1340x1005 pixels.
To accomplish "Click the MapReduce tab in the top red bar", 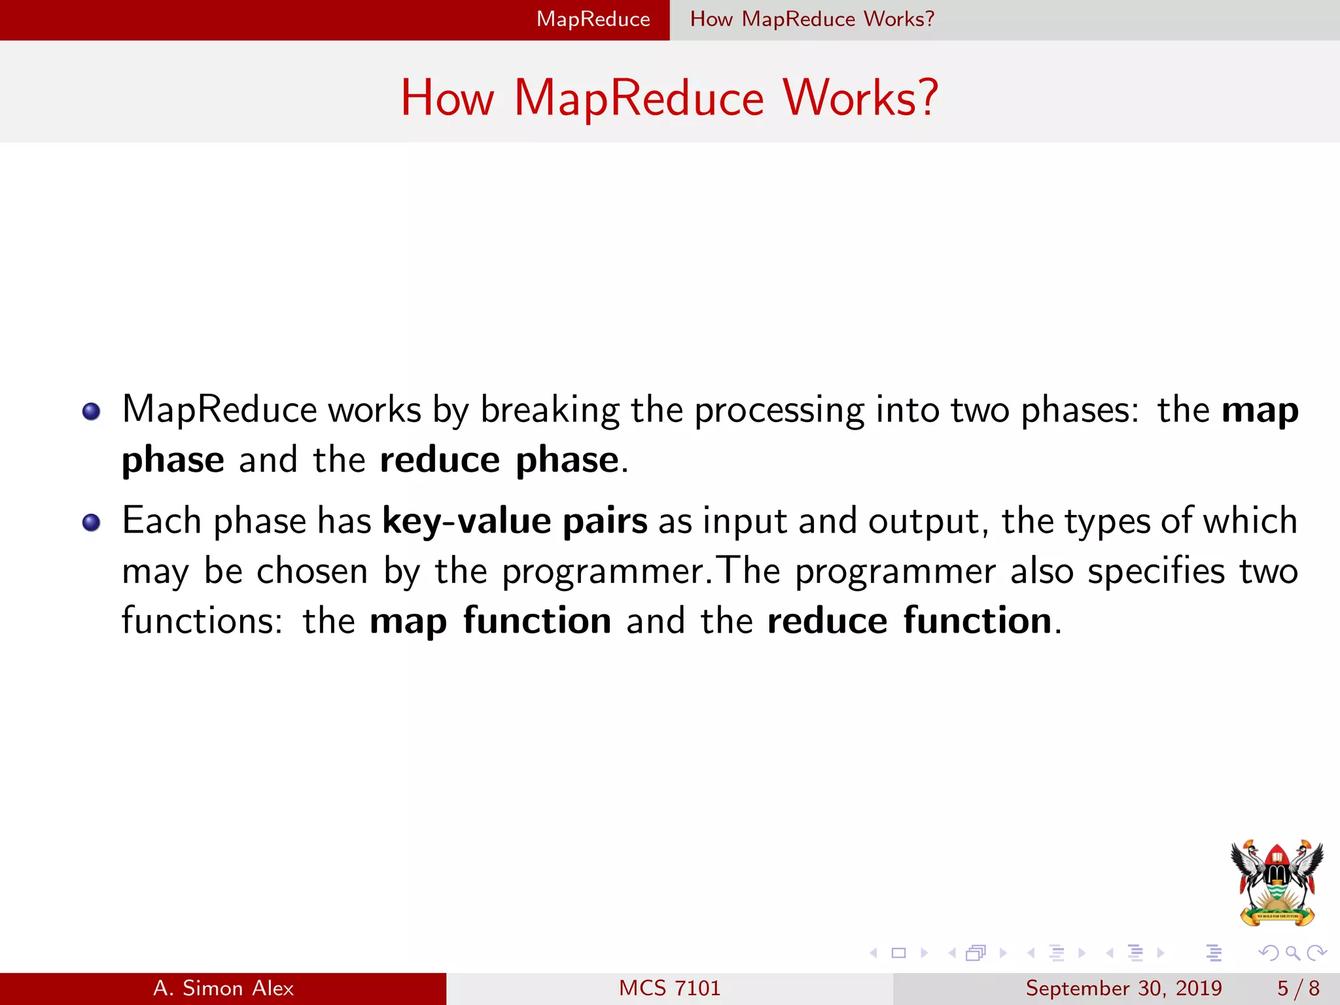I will (593, 20).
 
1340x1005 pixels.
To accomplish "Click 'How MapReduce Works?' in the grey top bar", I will (812, 20).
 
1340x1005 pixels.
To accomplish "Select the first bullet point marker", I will (92, 412).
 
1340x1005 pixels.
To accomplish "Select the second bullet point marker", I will (92, 523).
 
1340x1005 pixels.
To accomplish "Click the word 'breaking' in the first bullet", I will (550, 411).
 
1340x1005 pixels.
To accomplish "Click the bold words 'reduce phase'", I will (499, 460).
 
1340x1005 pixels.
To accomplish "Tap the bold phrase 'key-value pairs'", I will (515, 521).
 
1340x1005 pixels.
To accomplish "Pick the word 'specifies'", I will (1155, 571).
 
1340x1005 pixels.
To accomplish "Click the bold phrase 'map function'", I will (490, 621).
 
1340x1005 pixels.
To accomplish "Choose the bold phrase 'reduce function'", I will (909, 621).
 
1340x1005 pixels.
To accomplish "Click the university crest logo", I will (1277, 883).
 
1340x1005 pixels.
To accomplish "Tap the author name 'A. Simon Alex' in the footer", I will (223, 989).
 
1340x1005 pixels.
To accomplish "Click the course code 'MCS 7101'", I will (669, 989).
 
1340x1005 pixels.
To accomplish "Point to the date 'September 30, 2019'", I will (1123, 989).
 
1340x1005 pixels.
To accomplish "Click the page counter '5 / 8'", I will (1298, 989).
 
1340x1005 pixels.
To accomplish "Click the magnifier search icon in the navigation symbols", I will (1292, 953).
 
